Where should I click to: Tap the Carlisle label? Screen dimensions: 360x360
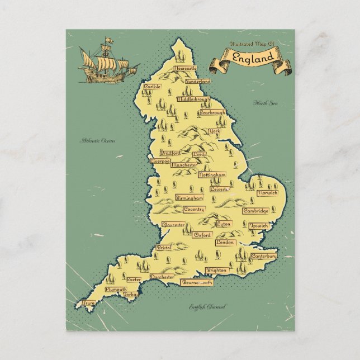[x=152, y=87]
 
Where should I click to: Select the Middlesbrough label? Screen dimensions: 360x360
[x=193, y=99]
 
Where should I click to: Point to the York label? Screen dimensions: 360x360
[x=214, y=131]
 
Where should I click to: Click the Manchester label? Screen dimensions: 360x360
[x=184, y=165]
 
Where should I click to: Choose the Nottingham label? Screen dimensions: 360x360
[x=212, y=175]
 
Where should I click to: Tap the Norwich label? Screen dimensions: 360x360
[x=267, y=193]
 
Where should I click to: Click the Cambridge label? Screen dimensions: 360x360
[x=255, y=211]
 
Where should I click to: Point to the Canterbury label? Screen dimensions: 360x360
[x=263, y=256]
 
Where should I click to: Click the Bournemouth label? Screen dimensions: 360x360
[x=197, y=283]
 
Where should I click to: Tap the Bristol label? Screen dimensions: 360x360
[x=163, y=247]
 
